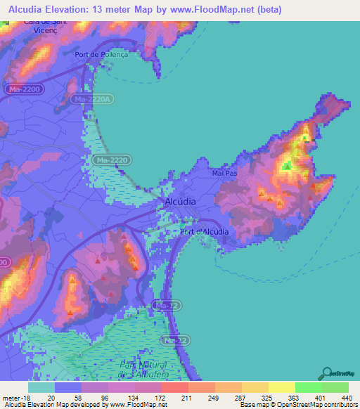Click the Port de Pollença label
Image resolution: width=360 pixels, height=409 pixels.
coord(101,55)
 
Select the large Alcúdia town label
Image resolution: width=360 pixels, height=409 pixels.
coord(179,201)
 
